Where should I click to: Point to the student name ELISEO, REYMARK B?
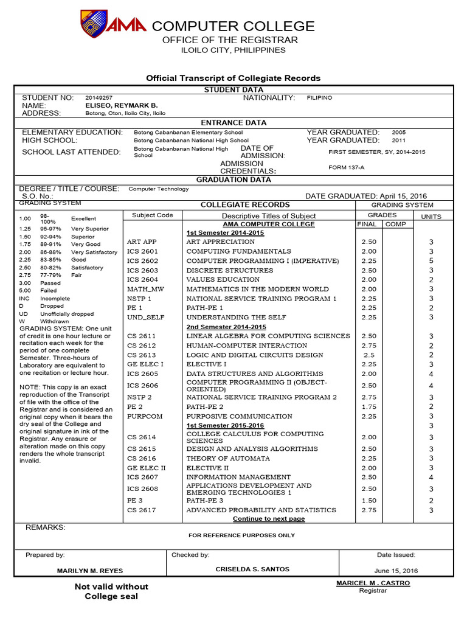point(121,105)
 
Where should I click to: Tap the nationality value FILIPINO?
point(319,97)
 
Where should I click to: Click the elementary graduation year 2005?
point(398,132)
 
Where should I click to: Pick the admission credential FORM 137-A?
point(347,168)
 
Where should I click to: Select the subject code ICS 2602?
point(142,261)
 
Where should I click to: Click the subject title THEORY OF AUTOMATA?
point(228,458)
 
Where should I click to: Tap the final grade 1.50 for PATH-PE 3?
point(368,500)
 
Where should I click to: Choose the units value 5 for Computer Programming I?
point(431,261)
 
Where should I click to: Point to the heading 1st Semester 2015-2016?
point(225,425)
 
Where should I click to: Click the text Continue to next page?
point(269,519)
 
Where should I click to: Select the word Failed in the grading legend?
point(49,291)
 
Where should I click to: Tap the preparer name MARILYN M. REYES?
point(89,571)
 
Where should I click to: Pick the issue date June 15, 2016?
point(396,571)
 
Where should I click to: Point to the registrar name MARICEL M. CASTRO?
point(373,583)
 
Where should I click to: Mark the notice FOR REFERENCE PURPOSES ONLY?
point(241,535)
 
